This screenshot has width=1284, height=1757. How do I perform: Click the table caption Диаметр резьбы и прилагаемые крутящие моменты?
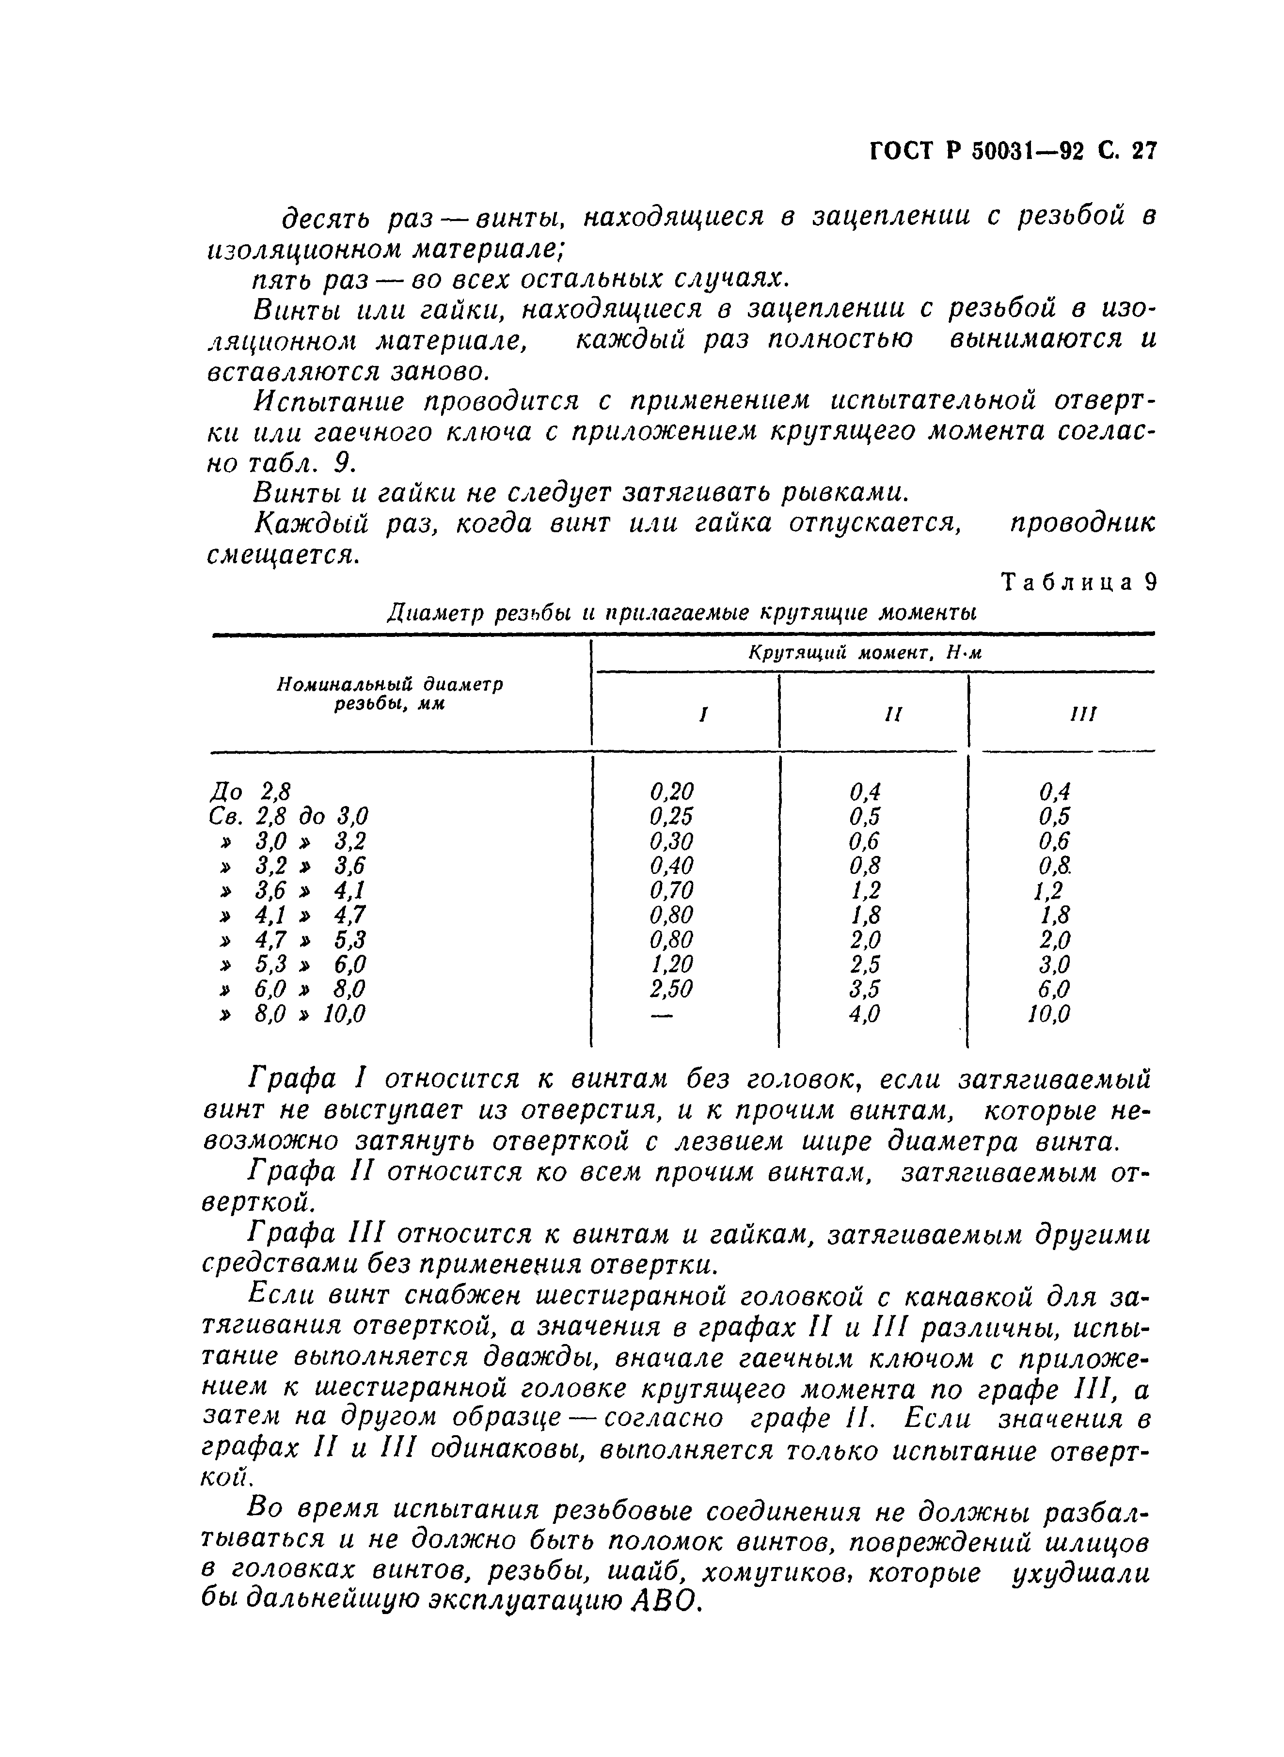click(682, 614)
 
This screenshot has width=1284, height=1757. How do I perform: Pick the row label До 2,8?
click(250, 792)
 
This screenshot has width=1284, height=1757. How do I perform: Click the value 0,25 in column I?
click(671, 816)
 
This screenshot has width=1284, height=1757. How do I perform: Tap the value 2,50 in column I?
click(671, 989)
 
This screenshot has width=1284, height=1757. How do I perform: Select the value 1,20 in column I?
click(671, 965)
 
